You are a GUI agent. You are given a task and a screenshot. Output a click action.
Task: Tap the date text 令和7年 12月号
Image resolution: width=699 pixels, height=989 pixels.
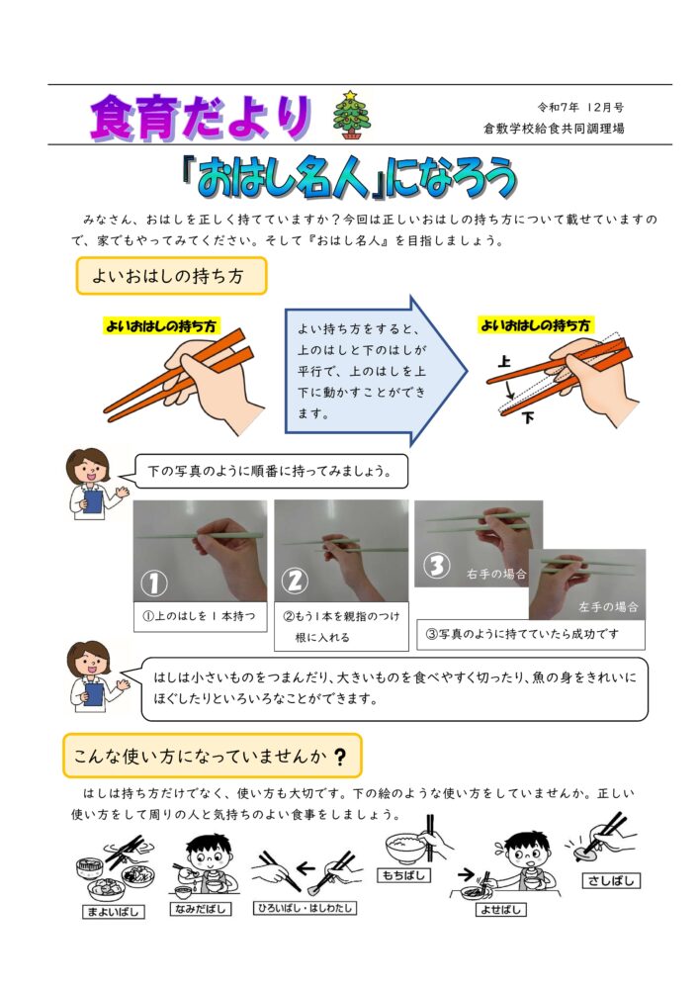580,107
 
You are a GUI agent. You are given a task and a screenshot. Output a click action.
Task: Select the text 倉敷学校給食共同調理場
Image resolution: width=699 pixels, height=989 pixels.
554,129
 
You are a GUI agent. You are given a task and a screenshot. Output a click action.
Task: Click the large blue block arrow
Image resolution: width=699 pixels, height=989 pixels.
377,372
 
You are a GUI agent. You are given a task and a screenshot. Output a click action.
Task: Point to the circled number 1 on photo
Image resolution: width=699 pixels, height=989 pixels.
154,583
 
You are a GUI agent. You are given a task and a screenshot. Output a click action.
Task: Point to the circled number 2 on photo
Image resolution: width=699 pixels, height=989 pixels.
295,581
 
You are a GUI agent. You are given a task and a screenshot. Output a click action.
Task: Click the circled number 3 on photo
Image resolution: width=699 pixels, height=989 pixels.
436,566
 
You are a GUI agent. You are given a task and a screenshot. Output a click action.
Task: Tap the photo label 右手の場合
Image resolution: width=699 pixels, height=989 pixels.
496,574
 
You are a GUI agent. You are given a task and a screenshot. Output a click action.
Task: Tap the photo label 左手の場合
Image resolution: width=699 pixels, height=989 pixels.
608,607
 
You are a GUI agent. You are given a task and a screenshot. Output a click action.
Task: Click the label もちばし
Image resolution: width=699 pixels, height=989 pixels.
404,875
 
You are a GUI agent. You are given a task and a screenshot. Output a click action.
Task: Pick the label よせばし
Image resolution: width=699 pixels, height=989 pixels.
500,910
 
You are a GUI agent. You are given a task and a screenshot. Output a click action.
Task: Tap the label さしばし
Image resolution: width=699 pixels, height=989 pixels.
610,880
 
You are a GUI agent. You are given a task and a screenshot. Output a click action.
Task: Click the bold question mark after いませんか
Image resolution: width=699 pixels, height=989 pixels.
340,757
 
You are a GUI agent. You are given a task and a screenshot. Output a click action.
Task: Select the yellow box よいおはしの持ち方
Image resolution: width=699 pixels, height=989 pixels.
171,276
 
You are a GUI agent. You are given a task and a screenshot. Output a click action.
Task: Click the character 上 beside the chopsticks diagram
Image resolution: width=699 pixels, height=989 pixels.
504,361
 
